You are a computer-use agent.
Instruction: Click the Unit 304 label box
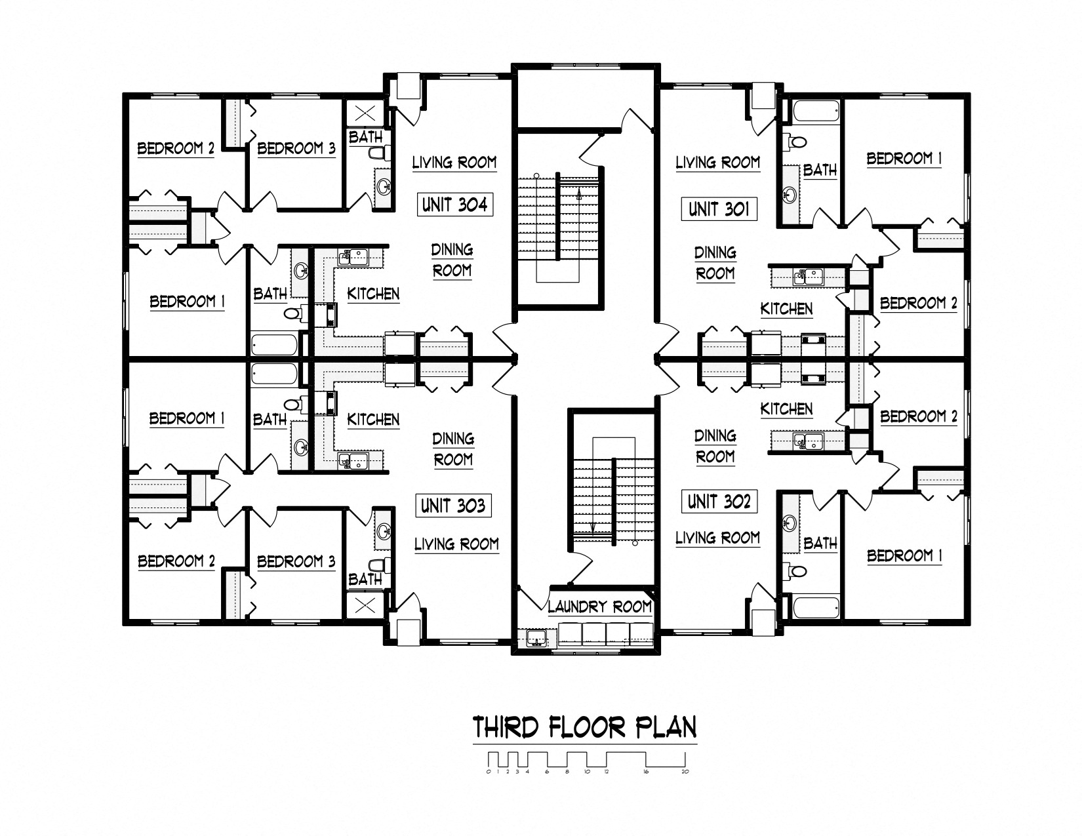coord(454,204)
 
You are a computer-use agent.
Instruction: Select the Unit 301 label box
coord(719,209)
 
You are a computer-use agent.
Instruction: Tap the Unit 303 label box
coord(453,506)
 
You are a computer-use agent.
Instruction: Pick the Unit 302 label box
coord(719,502)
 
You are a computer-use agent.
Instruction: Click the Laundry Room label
coord(599,607)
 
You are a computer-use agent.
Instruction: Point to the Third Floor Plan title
coord(584,727)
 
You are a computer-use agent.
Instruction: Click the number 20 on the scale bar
coord(685,772)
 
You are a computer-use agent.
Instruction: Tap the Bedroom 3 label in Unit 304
coord(296,148)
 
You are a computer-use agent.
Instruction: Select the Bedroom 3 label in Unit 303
coord(296,562)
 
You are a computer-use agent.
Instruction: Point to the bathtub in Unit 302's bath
coord(816,607)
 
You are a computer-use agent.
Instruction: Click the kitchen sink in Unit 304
coord(353,258)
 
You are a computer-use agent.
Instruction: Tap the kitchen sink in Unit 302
coord(809,441)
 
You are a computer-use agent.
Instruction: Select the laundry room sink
coord(535,638)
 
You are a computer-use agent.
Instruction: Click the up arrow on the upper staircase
coord(578,194)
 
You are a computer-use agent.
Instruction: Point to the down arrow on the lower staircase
coord(593,527)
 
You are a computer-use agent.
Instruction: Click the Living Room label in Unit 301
coord(717,163)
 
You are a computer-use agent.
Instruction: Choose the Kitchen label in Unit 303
coord(373,420)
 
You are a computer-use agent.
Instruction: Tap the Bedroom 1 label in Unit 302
coord(904,555)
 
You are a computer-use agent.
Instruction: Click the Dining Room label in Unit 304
coord(452,260)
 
